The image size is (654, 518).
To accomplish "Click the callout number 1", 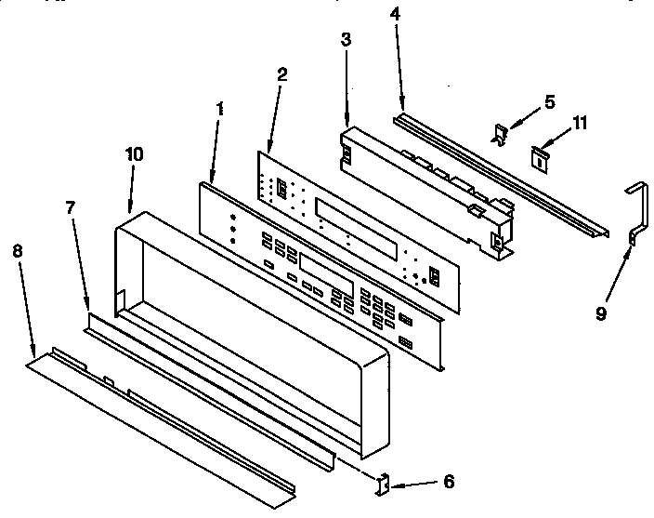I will (219, 109).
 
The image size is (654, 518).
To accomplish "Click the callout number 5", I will (548, 101).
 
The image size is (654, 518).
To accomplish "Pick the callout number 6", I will (449, 482).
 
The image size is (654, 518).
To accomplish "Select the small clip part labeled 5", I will (499, 136).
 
